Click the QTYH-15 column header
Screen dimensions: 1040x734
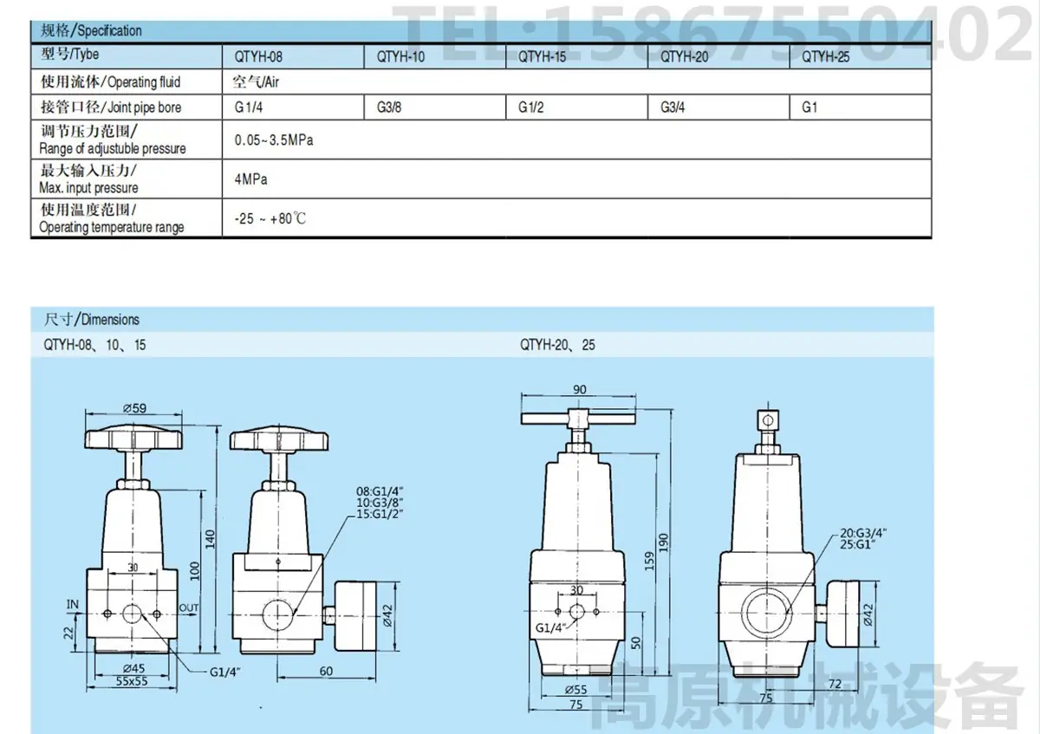[542, 57]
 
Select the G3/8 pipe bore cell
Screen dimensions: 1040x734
[389, 107]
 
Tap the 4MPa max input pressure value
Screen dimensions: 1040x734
[250, 179]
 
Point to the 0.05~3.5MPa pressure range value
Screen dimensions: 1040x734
[274, 140]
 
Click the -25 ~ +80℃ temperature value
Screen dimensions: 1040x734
[270, 218]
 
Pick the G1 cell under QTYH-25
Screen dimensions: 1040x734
[809, 107]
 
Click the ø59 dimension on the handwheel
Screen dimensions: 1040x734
[134, 408]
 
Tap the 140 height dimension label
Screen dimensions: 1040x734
[211, 539]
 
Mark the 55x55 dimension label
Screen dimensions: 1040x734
[132, 681]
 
